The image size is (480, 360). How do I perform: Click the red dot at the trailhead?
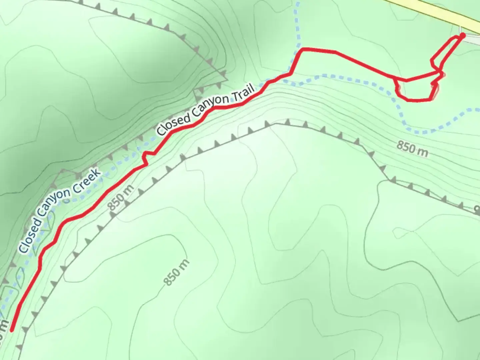point(462,35)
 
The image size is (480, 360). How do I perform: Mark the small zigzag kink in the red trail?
point(147,157)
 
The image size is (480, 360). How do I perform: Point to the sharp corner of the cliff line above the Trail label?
point(227,80)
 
